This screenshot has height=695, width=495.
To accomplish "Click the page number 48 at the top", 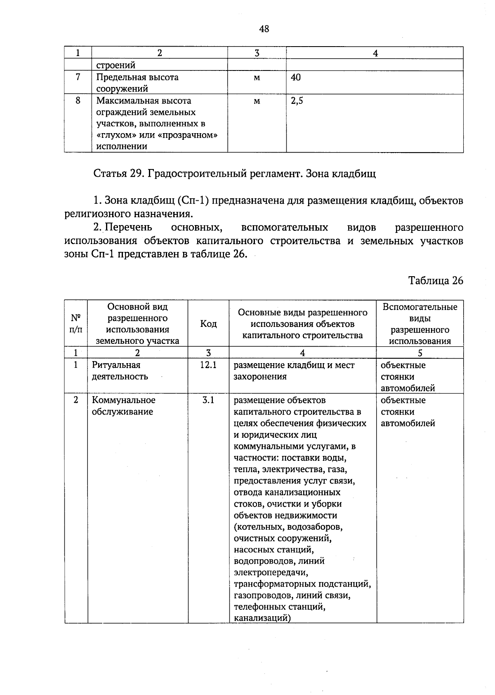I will coord(264,29).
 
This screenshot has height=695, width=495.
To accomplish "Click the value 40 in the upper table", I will coord(296,77).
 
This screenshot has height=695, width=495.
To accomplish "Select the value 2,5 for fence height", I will coord(297,101).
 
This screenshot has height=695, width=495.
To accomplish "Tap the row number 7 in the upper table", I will coord(78,77).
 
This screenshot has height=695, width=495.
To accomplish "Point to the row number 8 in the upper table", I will coord(78,101).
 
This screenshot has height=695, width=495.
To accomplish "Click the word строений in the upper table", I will coord(116,65).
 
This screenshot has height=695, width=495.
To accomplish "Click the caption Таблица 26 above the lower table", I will coord(436,281).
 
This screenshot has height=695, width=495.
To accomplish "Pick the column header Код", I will coord(208,324).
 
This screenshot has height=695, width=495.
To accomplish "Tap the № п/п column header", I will coord(76,324).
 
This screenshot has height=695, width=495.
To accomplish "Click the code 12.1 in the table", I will coord(208,365).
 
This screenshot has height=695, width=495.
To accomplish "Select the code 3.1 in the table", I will coord(208,400).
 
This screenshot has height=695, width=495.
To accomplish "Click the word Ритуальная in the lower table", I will coord(116,365).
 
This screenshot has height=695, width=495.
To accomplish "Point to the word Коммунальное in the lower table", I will coord(124,400).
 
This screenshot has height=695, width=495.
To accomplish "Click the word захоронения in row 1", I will coord(260,377).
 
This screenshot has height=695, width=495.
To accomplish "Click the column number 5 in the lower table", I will coord(420,353).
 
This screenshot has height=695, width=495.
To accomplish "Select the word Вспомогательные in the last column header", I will coord(420,307).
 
